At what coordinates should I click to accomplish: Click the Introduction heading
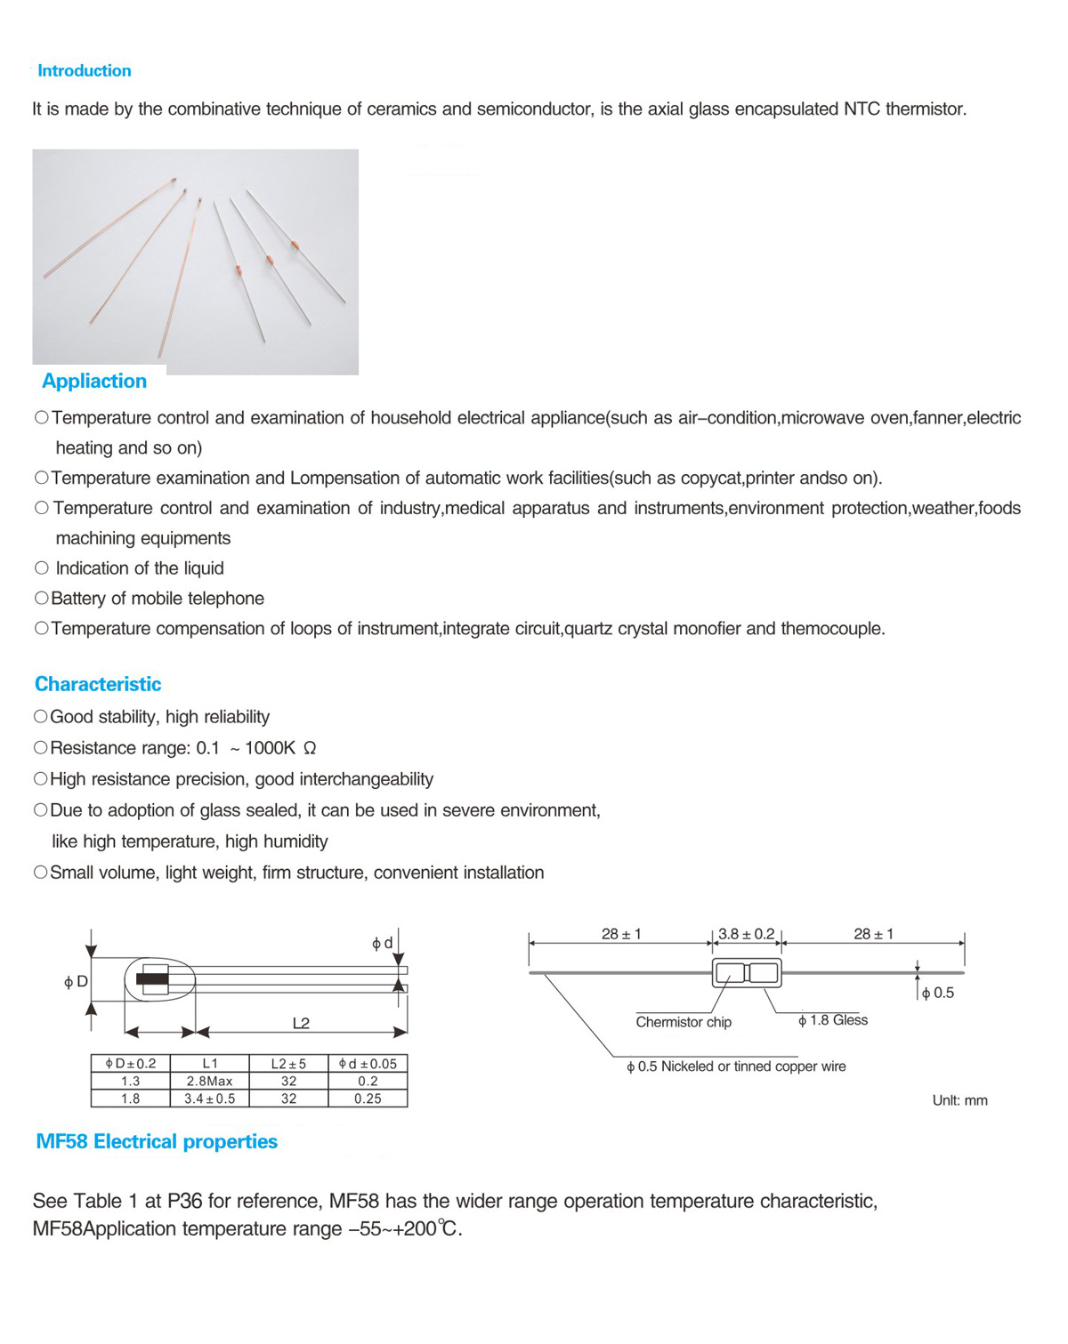[85, 71]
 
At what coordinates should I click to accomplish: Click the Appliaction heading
[94, 382]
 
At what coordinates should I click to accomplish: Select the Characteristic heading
[98, 684]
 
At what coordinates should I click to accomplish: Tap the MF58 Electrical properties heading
[157, 1142]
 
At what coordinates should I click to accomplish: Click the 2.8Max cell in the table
[210, 1082]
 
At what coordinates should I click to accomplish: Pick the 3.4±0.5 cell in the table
[210, 1099]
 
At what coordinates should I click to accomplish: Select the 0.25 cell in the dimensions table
[368, 1099]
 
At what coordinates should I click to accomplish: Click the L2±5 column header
[288, 1064]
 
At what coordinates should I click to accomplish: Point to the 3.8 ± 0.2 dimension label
[747, 935]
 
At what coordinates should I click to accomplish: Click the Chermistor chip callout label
[684, 1023]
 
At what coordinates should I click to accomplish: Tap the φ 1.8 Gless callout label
[833, 1021]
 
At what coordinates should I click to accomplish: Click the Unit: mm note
[959, 1101]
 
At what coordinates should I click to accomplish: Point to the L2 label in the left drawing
[301, 1024]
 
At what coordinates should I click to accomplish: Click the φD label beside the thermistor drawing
[76, 982]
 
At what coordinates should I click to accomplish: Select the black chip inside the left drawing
[152, 980]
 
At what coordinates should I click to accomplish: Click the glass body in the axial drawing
[747, 973]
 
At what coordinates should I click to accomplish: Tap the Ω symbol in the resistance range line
[310, 749]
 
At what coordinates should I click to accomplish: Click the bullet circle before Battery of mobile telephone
[41, 599]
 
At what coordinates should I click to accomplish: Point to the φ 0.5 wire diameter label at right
[938, 994]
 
